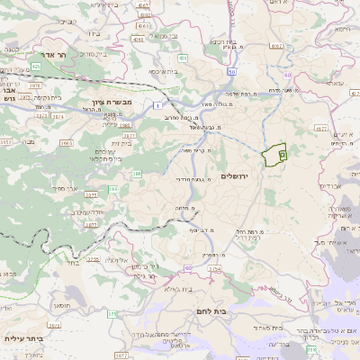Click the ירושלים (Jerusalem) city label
click(x=238, y=177)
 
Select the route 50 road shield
click(x=231, y=71)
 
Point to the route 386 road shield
click(x=137, y=173)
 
